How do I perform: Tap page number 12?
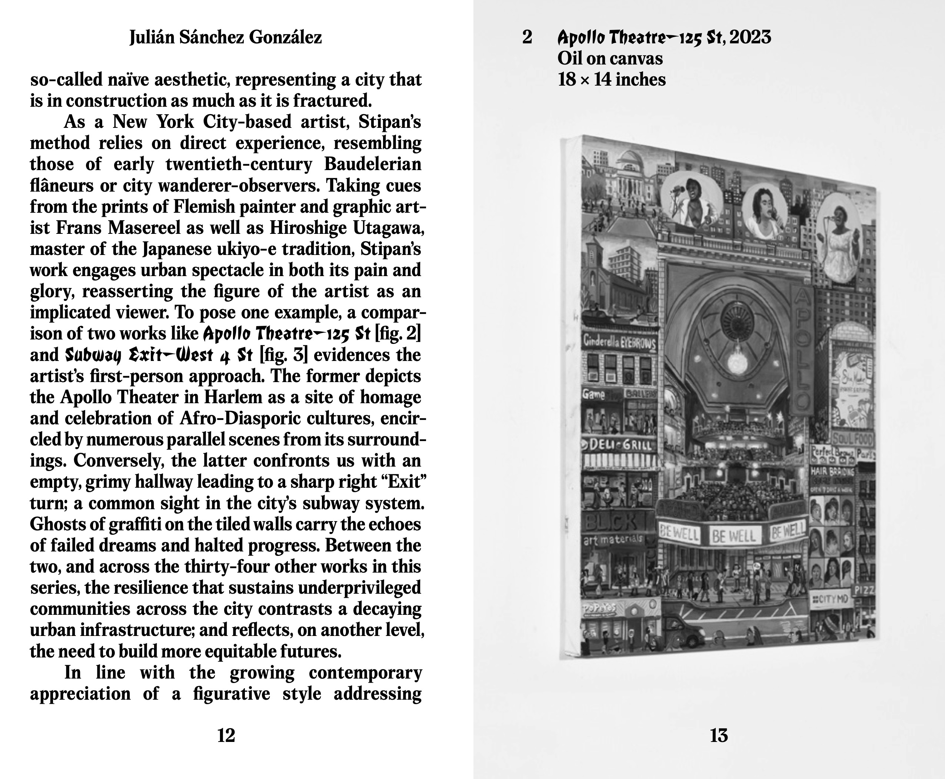[226, 736]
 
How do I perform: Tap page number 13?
[719, 736]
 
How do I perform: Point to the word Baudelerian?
[372, 164]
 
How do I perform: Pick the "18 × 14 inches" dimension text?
[611, 80]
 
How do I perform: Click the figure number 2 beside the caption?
[527, 37]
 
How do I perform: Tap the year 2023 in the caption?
[751, 37]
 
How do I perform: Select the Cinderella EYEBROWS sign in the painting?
[619, 343]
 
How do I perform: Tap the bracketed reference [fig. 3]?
[284, 355]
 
